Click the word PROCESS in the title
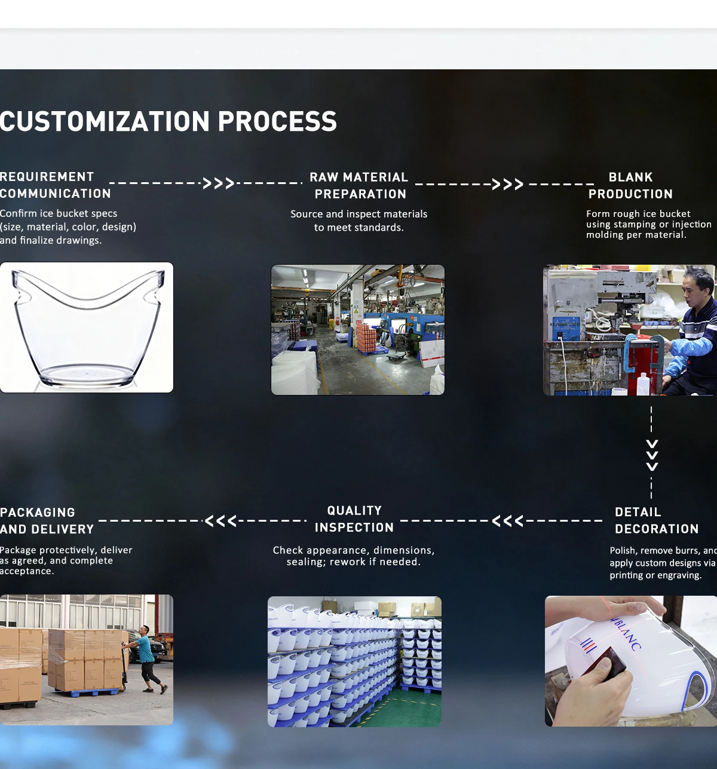[277, 121]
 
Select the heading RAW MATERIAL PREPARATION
[359, 185]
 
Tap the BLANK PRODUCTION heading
[630, 185]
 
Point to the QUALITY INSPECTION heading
[354, 519]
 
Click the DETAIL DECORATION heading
[656, 520]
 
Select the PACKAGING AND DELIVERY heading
[47, 520]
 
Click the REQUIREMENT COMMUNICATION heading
[55, 185]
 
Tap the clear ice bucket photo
[87, 327]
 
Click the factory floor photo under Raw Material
[358, 330]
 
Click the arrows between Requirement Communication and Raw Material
[218, 183]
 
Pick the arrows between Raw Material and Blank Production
[508, 184]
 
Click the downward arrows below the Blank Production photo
[652, 455]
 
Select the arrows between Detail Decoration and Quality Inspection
[507, 521]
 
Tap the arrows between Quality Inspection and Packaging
[220, 521]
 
